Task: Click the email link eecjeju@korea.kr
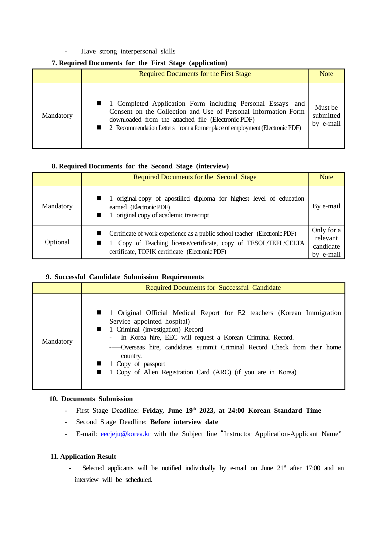[125, 434]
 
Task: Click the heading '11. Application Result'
[83, 457]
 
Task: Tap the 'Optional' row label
[57, 242]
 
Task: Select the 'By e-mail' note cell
[326, 206]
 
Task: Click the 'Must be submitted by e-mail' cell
[326, 116]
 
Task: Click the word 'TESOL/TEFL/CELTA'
[275, 243]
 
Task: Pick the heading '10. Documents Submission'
[91, 399]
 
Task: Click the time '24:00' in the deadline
[236, 411]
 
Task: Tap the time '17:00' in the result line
[313, 468]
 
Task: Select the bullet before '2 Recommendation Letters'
[99, 128]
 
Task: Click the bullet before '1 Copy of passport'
[99, 364]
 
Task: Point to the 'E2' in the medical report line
[241, 313]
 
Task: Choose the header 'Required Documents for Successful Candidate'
[213, 288]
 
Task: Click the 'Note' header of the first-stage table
[326, 74]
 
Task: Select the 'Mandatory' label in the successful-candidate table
[57, 341]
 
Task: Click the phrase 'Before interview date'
[184, 422]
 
